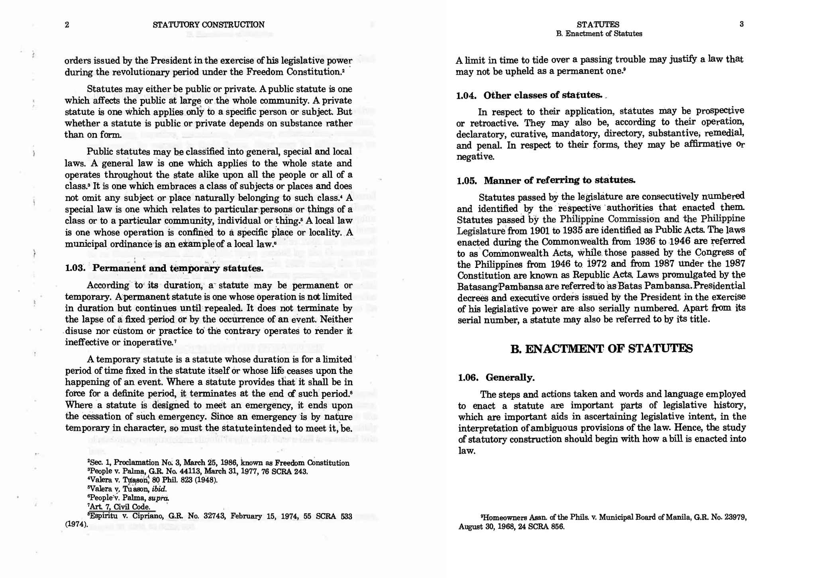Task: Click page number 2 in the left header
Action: click(x=67, y=25)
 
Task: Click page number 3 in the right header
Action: click(x=741, y=24)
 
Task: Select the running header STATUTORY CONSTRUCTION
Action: click(x=208, y=25)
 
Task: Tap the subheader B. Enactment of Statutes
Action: click(x=599, y=34)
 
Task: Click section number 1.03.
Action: click(x=75, y=268)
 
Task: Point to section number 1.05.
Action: click(x=467, y=181)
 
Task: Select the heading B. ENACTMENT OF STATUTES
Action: click(x=601, y=349)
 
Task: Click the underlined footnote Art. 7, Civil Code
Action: click(x=120, y=507)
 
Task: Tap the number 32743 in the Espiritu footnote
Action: click(x=215, y=517)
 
